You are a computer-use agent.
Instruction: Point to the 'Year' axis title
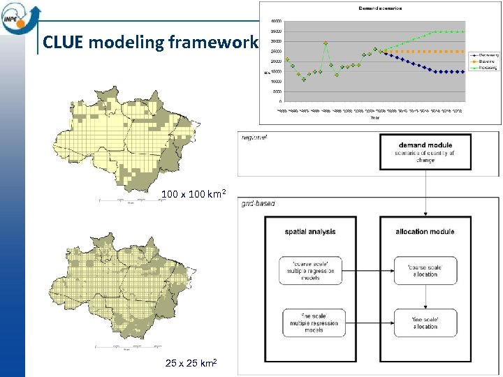coord(375,118)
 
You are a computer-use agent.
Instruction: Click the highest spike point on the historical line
coord(326,43)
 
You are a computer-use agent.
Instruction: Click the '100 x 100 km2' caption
coord(194,194)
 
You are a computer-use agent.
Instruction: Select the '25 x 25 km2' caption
coord(191,363)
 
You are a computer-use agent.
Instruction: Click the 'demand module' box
coord(425,151)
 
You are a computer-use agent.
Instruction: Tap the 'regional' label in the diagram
coord(255,138)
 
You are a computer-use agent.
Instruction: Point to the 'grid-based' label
coord(258,204)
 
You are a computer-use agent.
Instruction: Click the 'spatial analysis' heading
coord(311,232)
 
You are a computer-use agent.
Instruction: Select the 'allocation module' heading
coord(425,232)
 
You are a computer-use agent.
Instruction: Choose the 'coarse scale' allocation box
coord(425,270)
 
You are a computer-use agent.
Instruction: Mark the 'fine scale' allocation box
coord(425,323)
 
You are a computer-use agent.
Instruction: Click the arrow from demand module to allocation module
coord(425,192)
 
